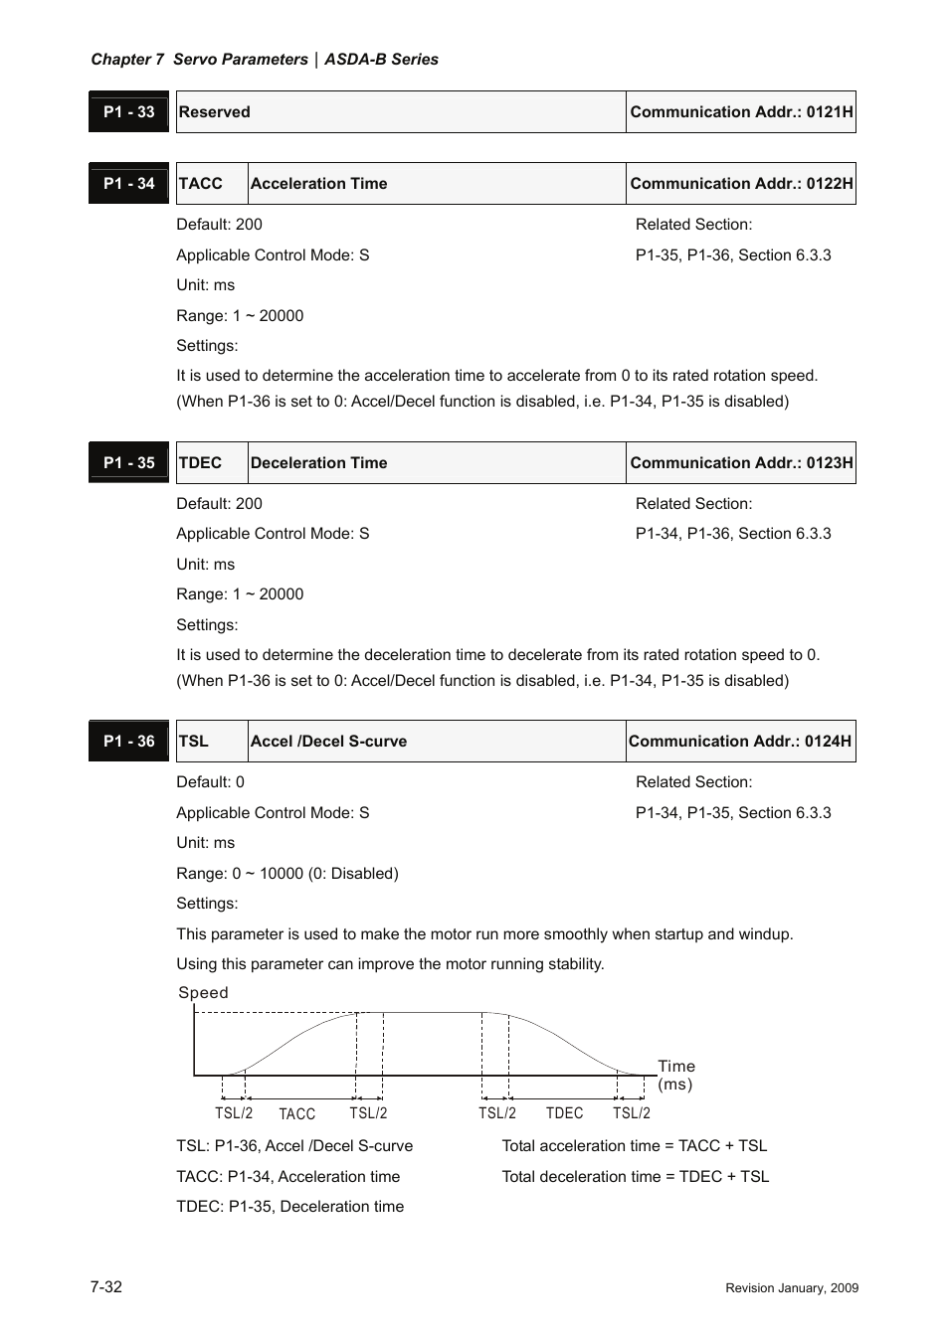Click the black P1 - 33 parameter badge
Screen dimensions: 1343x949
(x=129, y=112)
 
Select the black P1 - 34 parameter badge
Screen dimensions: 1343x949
(x=129, y=184)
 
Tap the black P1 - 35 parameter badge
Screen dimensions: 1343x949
(x=129, y=463)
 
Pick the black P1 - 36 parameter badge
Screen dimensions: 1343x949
(x=129, y=742)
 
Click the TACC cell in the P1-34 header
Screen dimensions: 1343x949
(x=211, y=184)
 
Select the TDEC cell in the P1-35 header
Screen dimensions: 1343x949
(x=211, y=463)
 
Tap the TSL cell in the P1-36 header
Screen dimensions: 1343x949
(x=211, y=742)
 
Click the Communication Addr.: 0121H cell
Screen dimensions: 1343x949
(x=741, y=112)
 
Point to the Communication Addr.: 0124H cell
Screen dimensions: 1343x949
(x=740, y=742)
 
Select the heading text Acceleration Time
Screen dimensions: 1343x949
(x=319, y=184)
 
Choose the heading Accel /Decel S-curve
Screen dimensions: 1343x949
(x=329, y=742)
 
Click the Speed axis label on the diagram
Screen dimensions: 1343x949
(x=203, y=993)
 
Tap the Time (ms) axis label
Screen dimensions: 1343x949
(x=676, y=1076)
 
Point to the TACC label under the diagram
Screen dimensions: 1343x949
(x=296, y=1114)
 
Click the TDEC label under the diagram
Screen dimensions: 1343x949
(x=564, y=1113)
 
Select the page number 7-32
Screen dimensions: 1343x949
(x=106, y=1287)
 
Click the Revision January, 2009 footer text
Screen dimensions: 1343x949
(x=792, y=1288)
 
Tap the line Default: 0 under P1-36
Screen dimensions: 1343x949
(x=211, y=782)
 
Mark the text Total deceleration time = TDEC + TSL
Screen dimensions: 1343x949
(x=636, y=1177)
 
